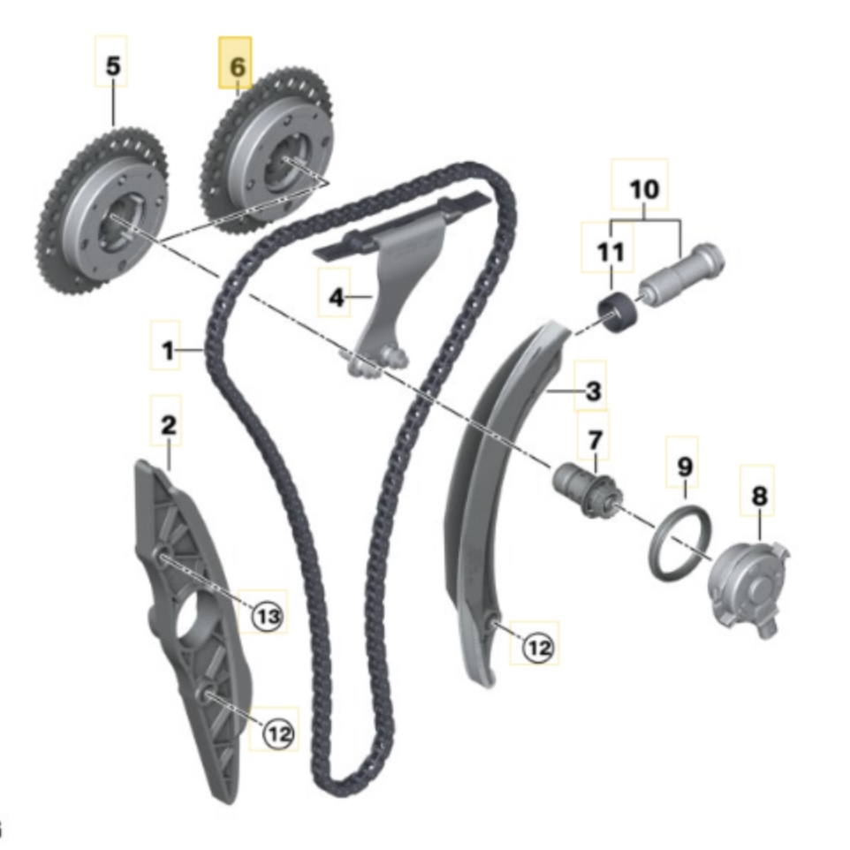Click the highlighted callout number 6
coord(236,65)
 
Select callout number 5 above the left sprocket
coord(111,65)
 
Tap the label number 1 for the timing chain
coord(168,353)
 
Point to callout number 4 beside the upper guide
coord(337,298)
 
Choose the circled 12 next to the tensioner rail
coord(538,648)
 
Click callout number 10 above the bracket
coord(644,188)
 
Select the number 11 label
coord(610,253)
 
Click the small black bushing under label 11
coord(616,315)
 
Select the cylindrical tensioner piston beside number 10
coord(680,276)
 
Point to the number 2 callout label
coord(167,426)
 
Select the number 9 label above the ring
coord(686,466)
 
